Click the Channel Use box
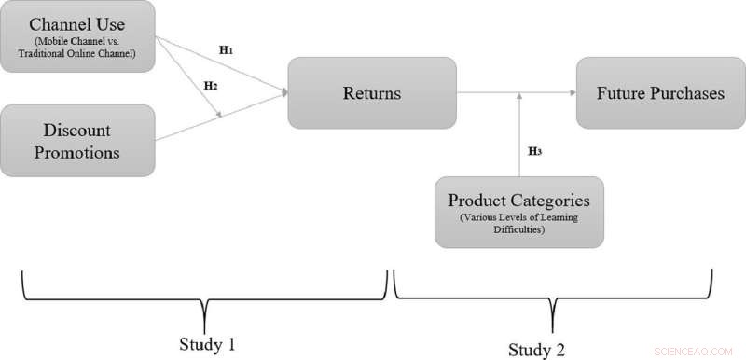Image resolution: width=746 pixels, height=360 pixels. click(77, 38)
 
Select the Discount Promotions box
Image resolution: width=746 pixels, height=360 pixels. click(77, 140)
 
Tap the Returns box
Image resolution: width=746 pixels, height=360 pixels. click(371, 92)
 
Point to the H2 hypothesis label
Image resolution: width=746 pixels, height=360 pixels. click(212, 85)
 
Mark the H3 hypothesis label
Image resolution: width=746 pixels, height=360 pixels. click(535, 150)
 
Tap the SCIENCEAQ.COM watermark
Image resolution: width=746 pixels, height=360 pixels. click(695, 350)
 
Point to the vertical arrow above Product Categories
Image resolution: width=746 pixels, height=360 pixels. click(518, 135)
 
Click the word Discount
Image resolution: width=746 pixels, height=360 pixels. click(77, 130)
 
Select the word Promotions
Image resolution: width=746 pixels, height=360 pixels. click(77, 152)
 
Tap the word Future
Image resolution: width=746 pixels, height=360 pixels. click(619, 92)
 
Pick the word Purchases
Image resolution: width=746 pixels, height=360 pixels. click(683, 92)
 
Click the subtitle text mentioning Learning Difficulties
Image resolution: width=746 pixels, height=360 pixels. click(518, 224)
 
